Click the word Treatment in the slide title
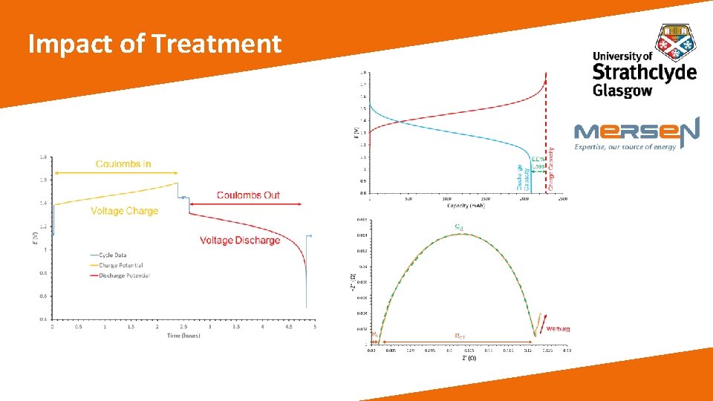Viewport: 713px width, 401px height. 217,45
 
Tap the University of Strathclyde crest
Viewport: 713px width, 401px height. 676,42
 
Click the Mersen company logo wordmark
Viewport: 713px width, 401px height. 636,131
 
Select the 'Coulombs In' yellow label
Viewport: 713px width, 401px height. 123,163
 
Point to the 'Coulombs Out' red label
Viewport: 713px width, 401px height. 248,195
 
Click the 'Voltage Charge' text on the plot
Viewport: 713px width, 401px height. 124,211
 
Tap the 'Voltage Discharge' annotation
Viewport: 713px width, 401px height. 240,240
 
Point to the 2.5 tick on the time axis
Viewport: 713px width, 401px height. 183,327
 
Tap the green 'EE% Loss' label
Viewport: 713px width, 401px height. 538,163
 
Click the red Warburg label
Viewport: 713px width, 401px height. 558,328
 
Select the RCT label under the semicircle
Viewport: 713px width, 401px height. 460,336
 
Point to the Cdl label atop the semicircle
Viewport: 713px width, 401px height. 458,226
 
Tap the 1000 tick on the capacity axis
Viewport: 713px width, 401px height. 446,199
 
